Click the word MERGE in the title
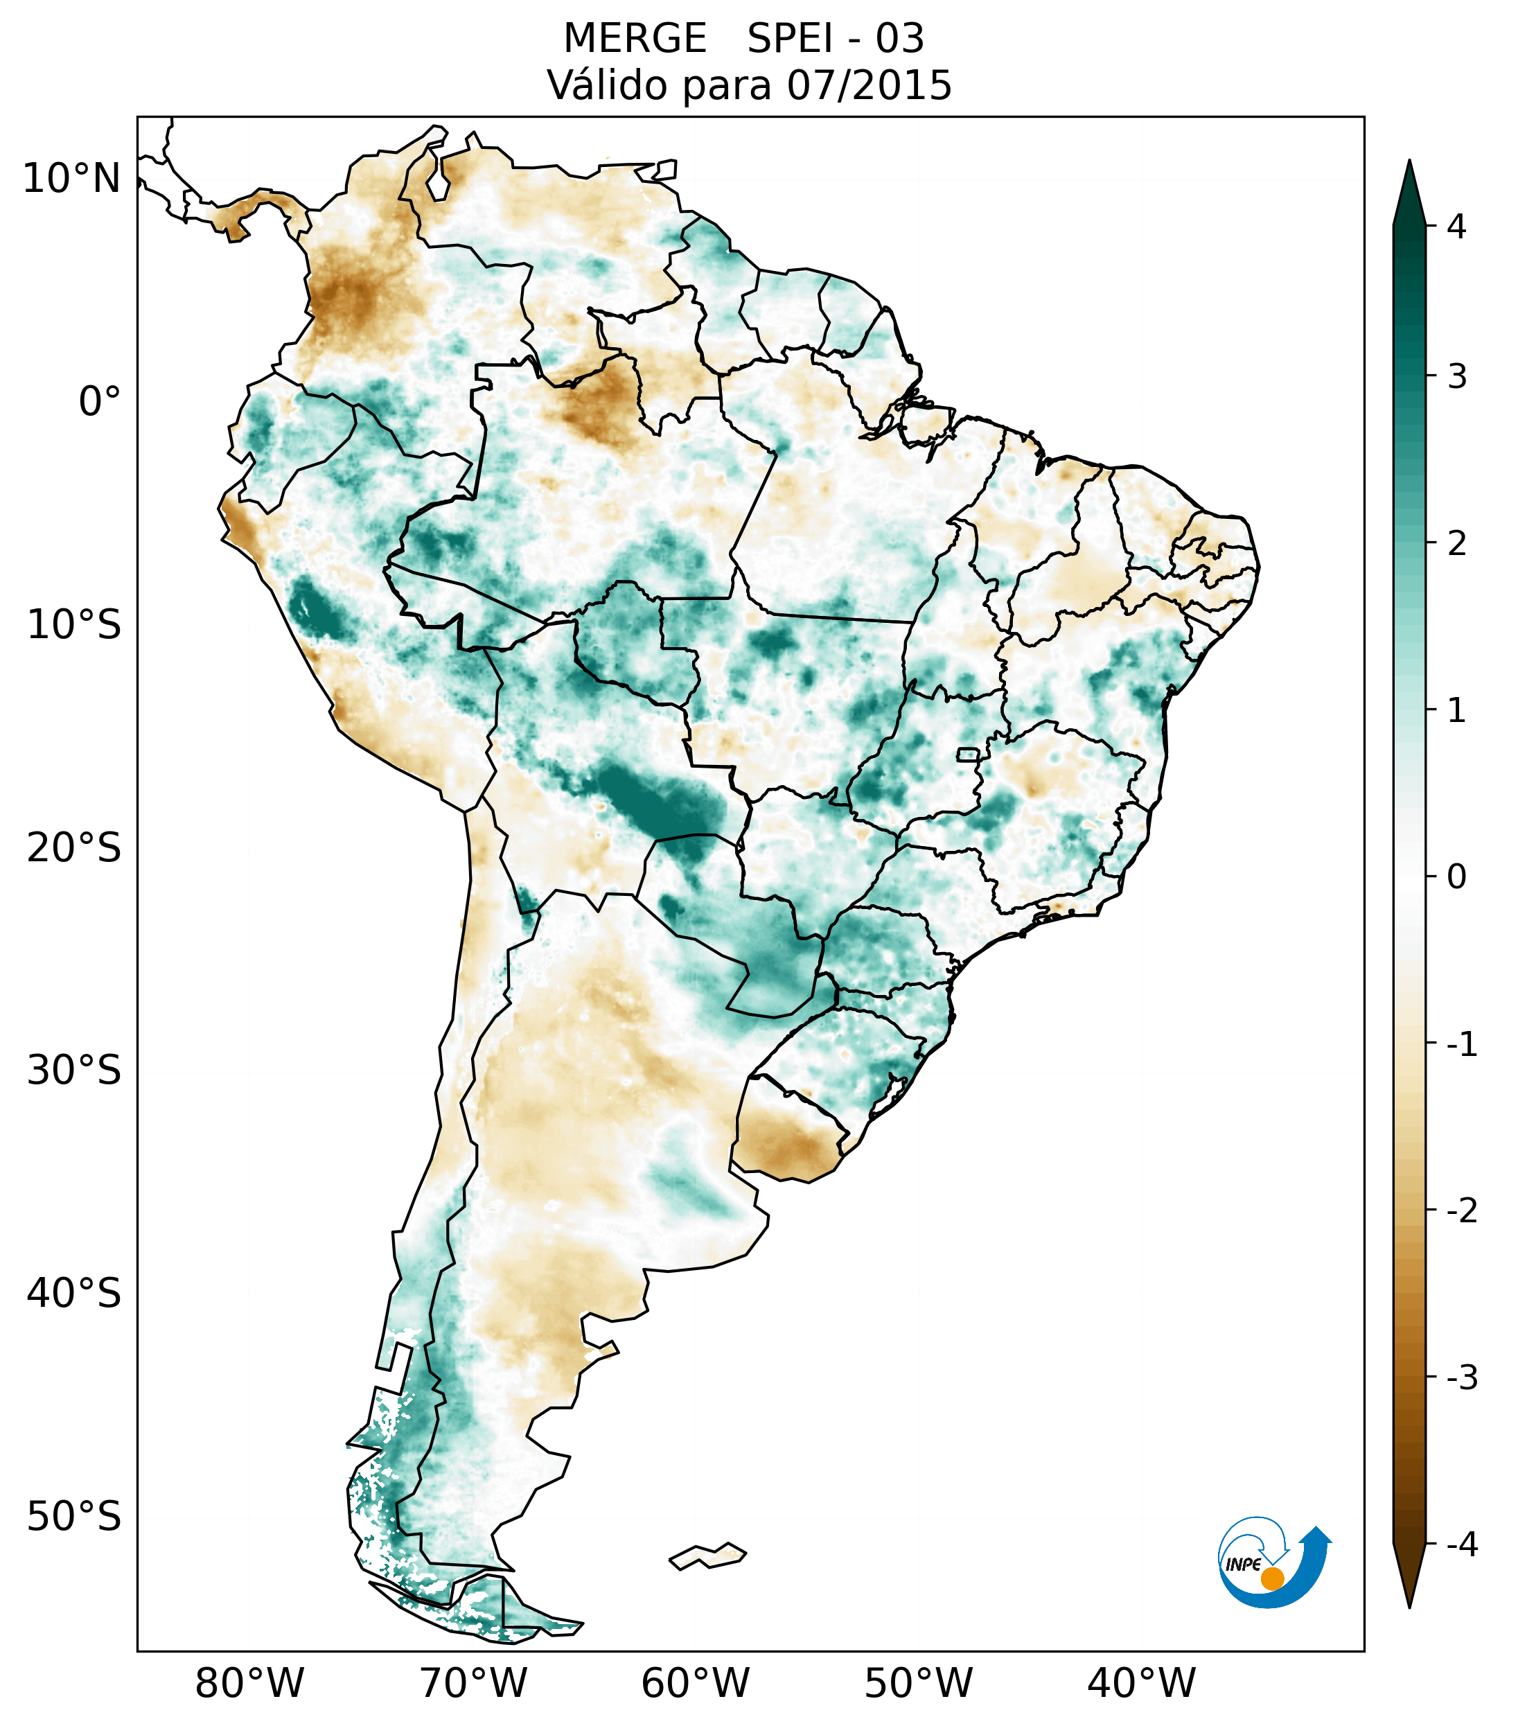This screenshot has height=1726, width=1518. (x=634, y=39)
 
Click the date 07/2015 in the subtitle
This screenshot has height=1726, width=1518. (x=869, y=85)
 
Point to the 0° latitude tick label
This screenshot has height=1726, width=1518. (x=99, y=402)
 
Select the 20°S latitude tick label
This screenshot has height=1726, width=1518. (x=74, y=848)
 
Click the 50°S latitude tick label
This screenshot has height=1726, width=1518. (x=74, y=1517)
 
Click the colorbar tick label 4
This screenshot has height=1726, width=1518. (x=1456, y=227)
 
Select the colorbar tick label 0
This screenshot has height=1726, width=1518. (x=1456, y=877)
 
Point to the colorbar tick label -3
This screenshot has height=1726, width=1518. (x=1461, y=1378)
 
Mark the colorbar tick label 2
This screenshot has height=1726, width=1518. (x=1456, y=545)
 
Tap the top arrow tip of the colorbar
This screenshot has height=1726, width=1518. (x=1409, y=162)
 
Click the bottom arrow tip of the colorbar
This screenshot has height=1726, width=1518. (x=1409, y=1605)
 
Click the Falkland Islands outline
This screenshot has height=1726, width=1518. (x=707, y=1556)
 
